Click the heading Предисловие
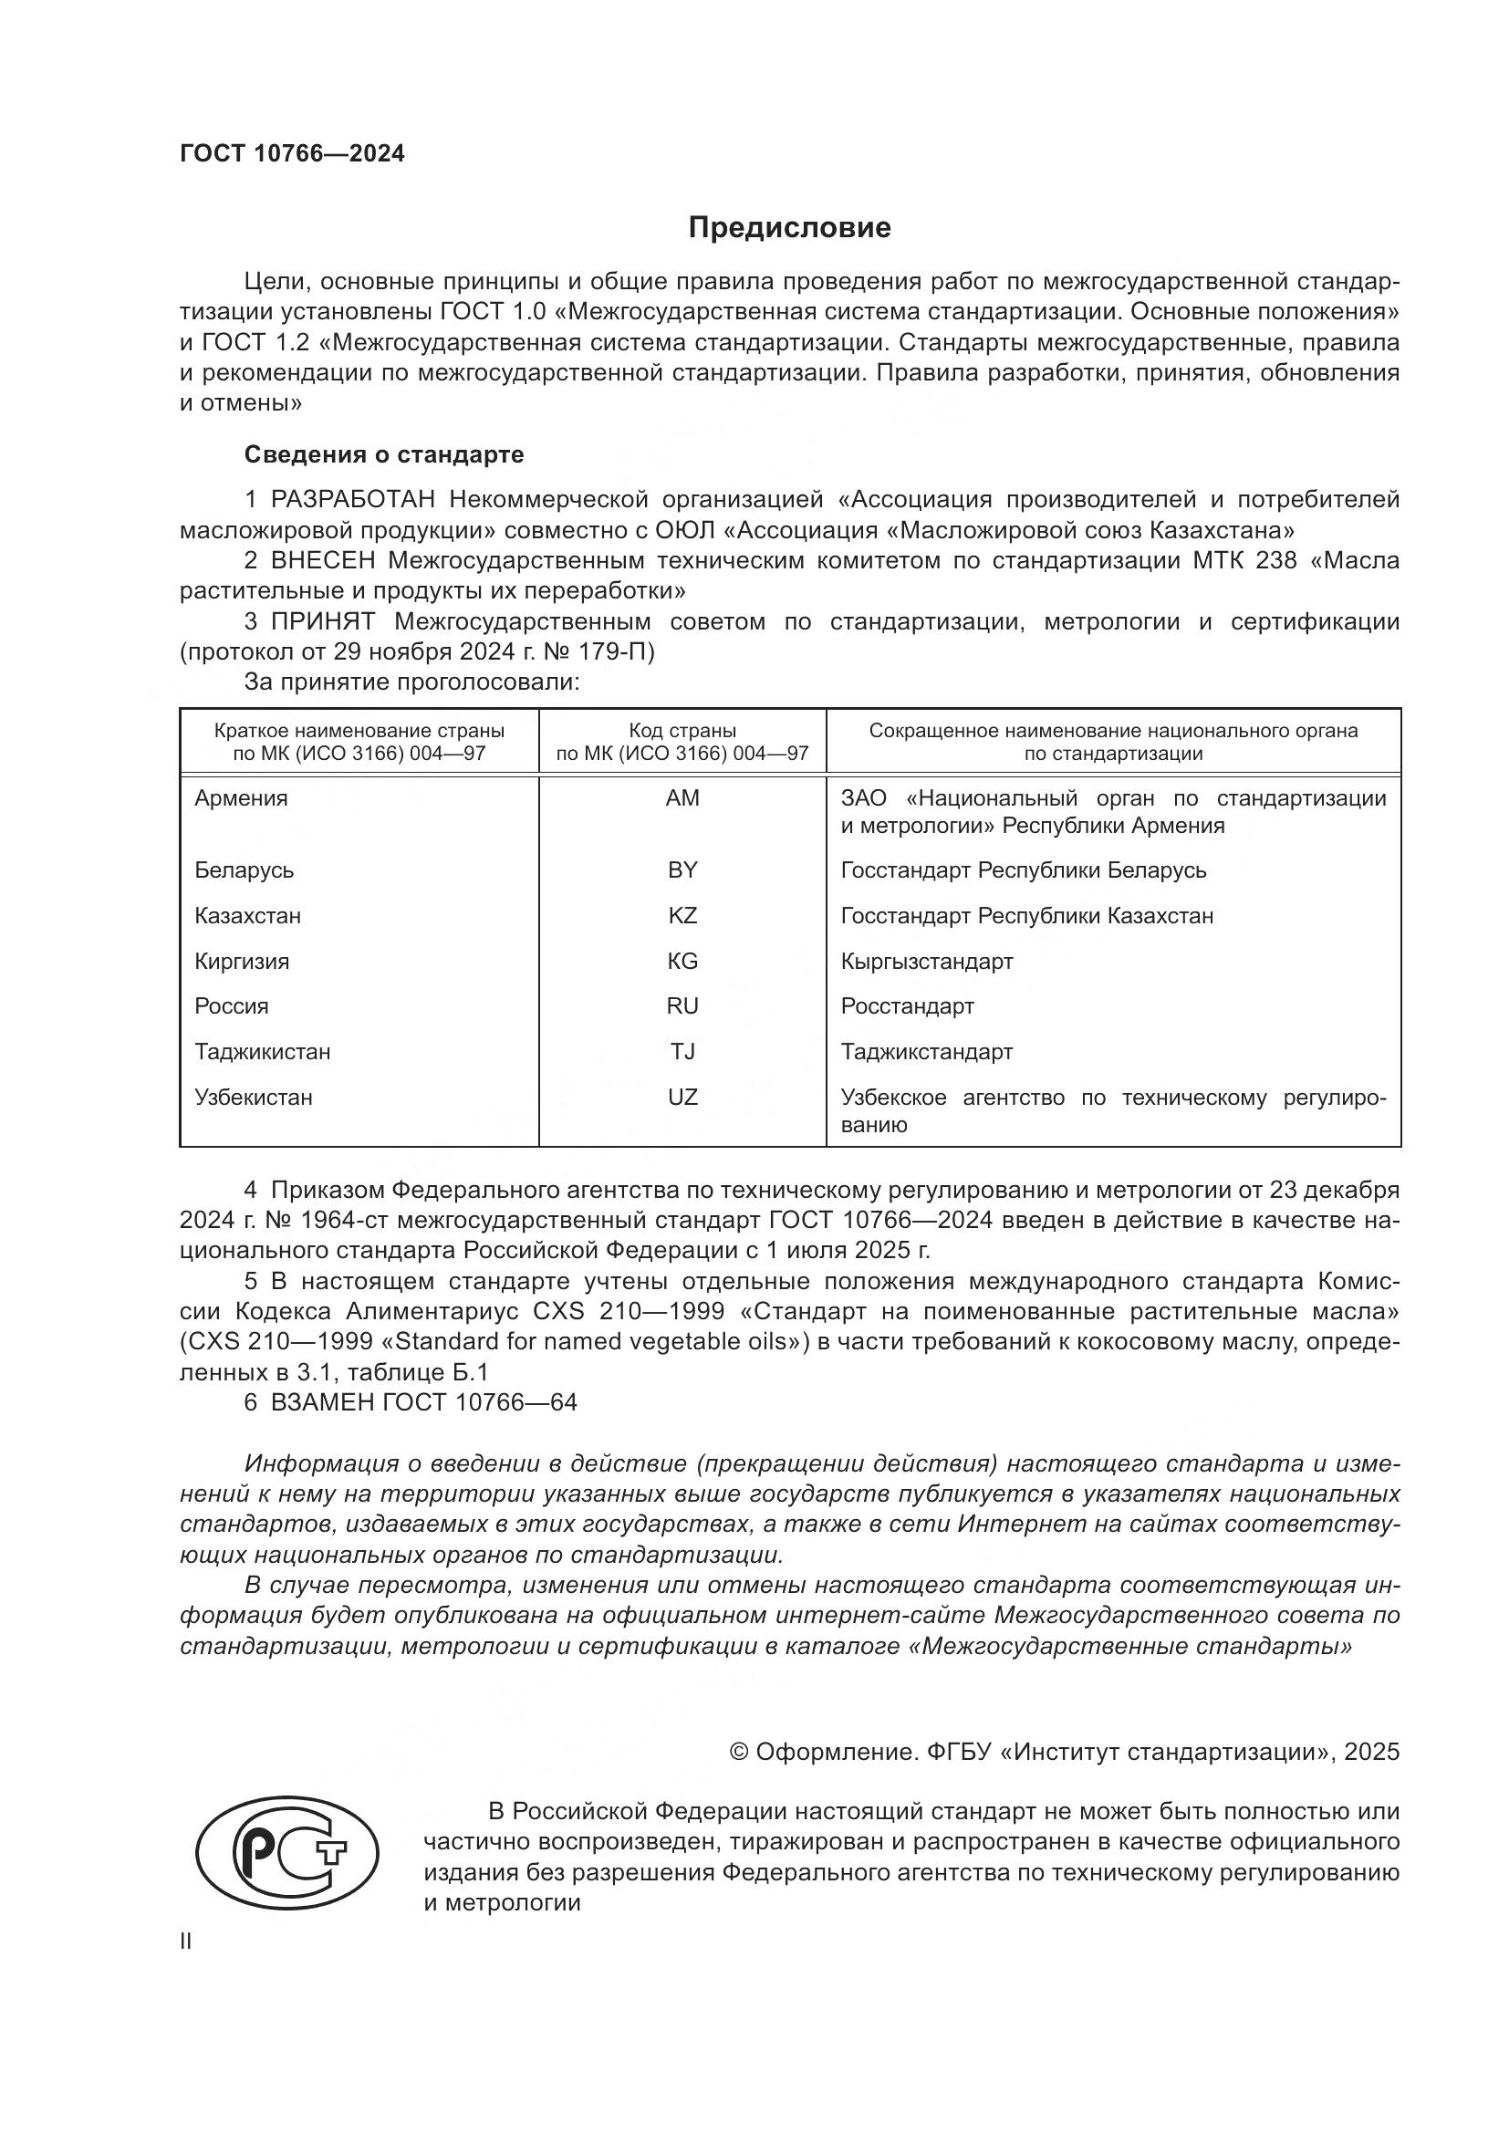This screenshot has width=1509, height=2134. (789, 228)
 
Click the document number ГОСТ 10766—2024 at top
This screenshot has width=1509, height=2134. (292, 154)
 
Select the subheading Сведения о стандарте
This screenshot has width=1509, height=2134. (384, 454)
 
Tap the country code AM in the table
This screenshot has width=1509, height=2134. (682, 797)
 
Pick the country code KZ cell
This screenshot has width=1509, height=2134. (682, 915)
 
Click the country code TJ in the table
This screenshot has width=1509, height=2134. (682, 1051)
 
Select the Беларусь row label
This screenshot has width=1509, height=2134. (244, 870)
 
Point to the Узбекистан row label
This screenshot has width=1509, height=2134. (253, 1097)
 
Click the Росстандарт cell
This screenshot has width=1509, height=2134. (907, 1005)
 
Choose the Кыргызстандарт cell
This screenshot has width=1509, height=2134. (926, 961)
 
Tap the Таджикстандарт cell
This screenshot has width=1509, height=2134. (926, 1051)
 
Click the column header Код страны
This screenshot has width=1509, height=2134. (682, 731)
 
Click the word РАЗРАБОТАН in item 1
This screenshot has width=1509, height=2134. (352, 500)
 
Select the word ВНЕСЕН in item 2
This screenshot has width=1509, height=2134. (322, 560)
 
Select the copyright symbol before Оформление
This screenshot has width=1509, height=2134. (739, 1753)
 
